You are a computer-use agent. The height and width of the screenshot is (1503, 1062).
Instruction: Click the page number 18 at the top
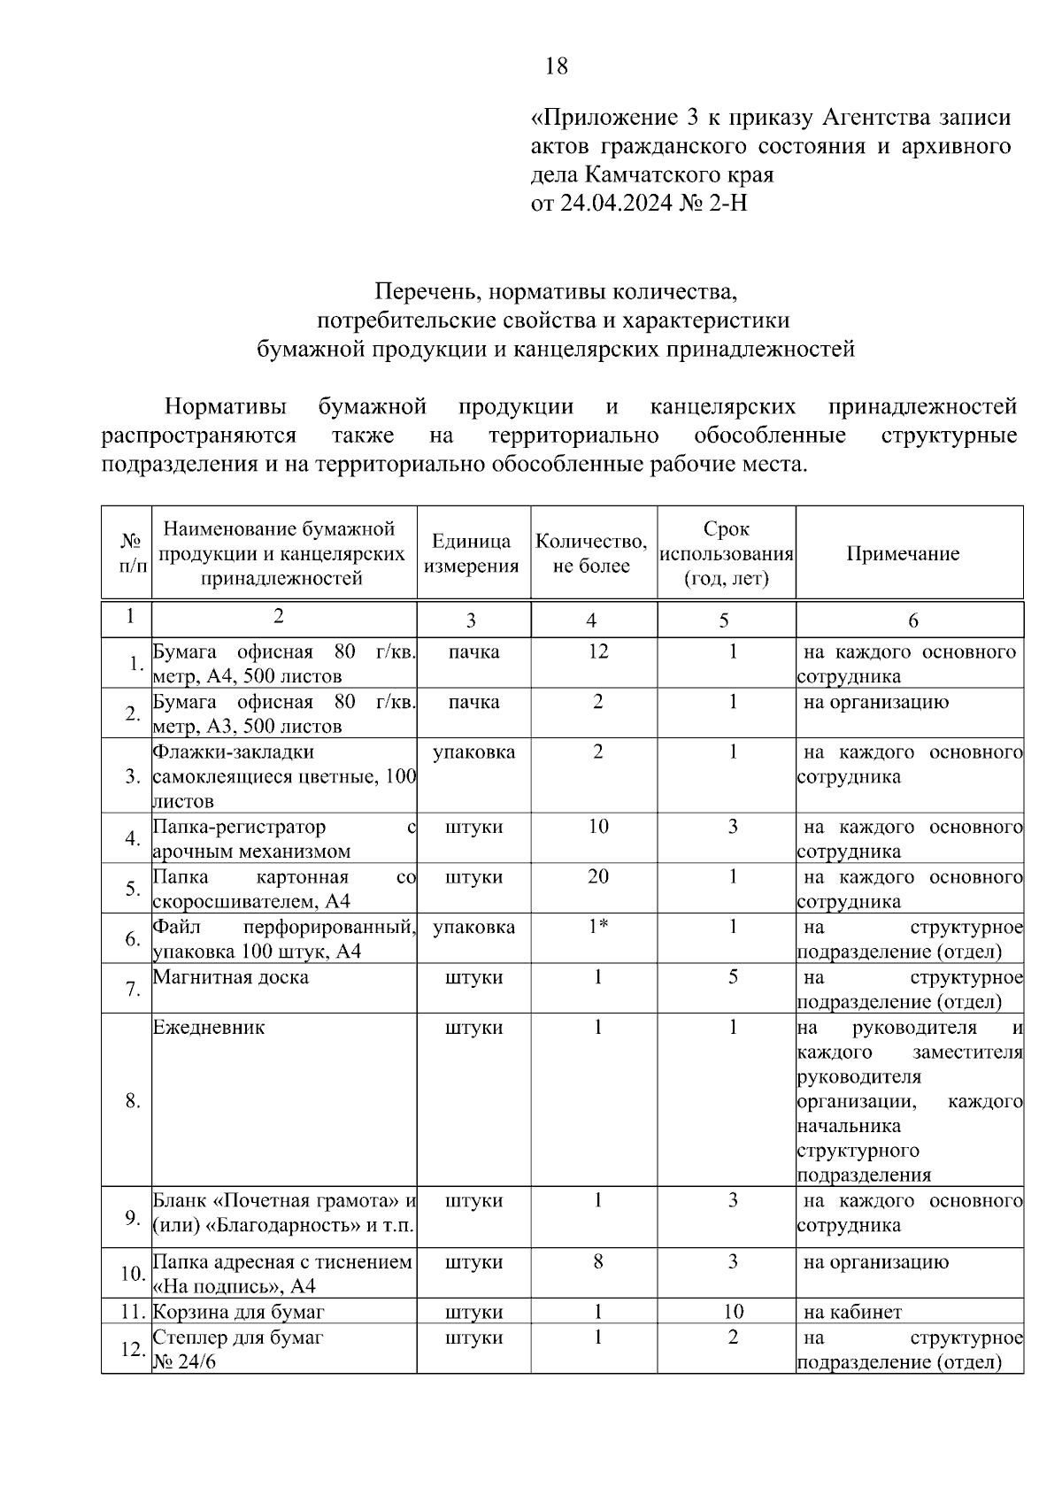(x=557, y=66)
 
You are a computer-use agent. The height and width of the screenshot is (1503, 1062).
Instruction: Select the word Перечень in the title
(x=428, y=291)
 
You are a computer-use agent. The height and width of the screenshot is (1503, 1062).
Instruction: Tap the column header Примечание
(x=903, y=554)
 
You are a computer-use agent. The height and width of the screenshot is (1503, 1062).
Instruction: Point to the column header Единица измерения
(x=471, y=554)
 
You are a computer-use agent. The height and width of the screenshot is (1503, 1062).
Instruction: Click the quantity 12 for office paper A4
(x=598, y=652)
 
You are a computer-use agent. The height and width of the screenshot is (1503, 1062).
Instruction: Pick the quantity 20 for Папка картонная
(x=598, y=877)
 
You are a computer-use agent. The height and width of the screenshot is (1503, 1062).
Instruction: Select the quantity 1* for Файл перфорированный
(x=598, y=928)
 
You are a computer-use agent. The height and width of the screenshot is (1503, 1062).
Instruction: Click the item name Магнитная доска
(x=231, y=978)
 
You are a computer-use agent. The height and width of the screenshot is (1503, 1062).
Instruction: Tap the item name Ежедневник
(x=209, y=1029)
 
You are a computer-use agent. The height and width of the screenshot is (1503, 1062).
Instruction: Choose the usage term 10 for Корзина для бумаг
(x=733, y=1312)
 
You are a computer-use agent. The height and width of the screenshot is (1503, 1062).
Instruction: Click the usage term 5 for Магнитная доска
(x=733, y=978)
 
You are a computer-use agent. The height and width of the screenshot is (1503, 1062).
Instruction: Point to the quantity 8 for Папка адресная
(x=598, y=1262)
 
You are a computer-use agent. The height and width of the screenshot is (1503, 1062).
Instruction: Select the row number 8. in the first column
(x=133, y=1101)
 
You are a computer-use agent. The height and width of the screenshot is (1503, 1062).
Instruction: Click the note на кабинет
(x=852, y=1312)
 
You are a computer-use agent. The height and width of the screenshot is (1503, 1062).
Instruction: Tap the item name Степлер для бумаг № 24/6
(x=238, y=1349)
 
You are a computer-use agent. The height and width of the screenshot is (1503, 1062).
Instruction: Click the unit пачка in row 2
(x=473, y=703)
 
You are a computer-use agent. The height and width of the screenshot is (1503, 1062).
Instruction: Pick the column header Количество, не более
(x=591, y=554)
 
